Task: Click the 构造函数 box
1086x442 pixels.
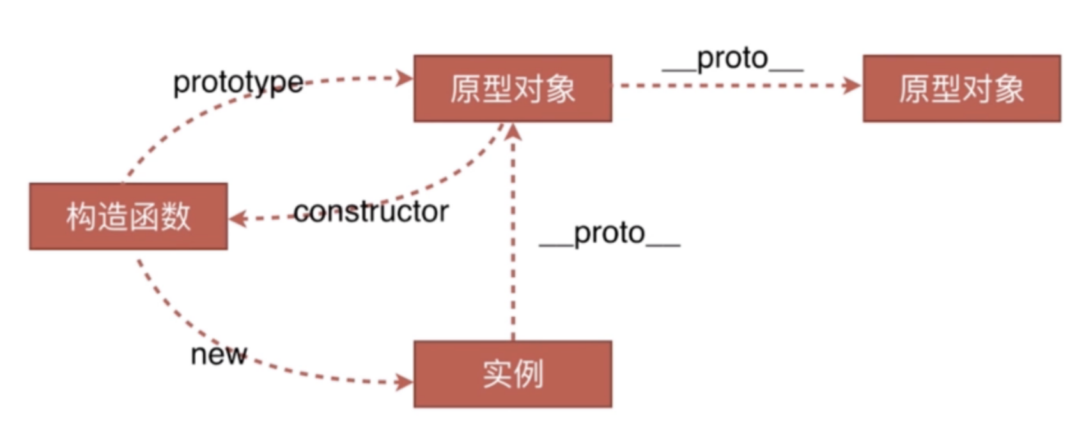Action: coord(128,216)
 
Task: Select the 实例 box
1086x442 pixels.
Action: coord(513,374)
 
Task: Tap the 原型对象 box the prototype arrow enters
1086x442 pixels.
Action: coord(513,88)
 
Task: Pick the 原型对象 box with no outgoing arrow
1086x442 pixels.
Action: coord(961,88)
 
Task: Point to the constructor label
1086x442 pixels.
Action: coord(371,211)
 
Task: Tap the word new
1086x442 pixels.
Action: coord(219,354)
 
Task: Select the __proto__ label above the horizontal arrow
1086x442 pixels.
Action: coord(733,59)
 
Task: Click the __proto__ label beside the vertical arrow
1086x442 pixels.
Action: coord(609,234)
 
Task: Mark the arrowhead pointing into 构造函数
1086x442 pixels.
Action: coord(237,219)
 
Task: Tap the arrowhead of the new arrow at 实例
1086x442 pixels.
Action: coord(405,383)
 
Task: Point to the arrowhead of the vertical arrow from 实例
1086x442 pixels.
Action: coord(513,132)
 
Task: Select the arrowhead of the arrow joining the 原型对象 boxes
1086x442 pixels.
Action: coord(853,85)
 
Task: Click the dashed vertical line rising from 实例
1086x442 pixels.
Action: coord(513,255)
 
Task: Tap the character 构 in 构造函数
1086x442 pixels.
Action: coord(81,216)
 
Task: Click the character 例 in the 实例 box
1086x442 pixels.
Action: coord(528,374)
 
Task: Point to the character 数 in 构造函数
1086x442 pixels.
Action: coord(176,216)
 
